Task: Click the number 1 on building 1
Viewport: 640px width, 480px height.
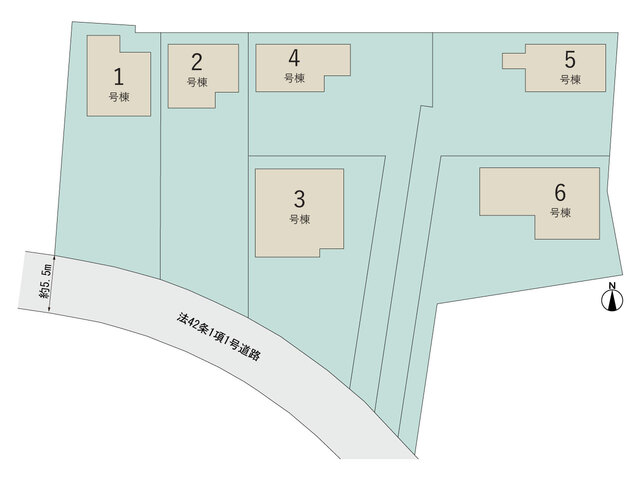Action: click(118, 77)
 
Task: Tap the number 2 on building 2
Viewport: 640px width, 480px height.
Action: click(197, 62)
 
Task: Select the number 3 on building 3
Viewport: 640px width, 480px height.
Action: click(299, 199)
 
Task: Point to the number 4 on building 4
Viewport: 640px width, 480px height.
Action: click(294, 58)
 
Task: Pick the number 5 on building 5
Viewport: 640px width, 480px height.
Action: click(570, 60)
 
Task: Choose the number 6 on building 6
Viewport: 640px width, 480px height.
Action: click(560, 193)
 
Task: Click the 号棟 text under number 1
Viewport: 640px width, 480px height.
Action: click(119, 97)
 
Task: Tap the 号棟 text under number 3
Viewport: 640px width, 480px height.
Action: click(300, 219)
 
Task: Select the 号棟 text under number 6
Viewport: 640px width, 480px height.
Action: click(560, 213)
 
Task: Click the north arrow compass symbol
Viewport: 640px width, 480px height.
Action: click(612, 301)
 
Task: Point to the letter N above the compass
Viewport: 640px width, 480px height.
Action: click(612, 286)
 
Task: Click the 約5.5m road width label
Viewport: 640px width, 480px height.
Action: click(44, 281)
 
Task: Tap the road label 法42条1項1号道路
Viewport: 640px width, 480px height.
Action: click(218, 337)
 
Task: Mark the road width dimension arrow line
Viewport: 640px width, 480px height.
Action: click(51, 283)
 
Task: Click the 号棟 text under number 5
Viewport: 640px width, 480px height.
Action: click(571, 80)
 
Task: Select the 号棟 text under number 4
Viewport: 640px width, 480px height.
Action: click(295, 78)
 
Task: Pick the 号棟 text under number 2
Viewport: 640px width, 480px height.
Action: click(198, 82)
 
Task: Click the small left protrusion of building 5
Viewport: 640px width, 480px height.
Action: click(514, 61)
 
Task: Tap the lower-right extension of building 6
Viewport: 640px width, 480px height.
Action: click(567, 227)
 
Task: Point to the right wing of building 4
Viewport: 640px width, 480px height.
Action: click(338, 60)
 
